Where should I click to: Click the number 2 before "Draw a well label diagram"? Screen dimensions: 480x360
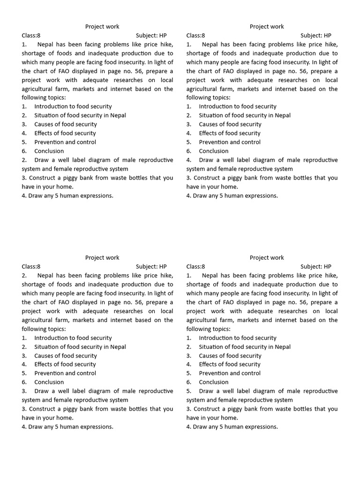pos(23,160)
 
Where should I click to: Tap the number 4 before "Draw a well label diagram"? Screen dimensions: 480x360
pos(188,160)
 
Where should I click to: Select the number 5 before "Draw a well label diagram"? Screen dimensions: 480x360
pos(188,391)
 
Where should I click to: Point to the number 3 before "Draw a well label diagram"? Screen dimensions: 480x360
pos(23,391)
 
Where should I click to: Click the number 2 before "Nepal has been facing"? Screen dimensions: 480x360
pos(23,276)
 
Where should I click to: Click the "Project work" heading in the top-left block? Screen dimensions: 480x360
pos(102,27)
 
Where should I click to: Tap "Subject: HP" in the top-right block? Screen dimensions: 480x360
pos(315,36)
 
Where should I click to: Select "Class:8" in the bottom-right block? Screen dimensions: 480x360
pos(195,267)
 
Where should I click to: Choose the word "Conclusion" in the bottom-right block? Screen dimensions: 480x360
pos(214,382)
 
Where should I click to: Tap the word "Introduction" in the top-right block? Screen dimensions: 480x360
pos(216,106)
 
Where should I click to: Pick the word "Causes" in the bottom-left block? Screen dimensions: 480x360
pos(44,356)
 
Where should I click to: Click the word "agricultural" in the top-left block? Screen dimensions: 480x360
pos(38,89)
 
